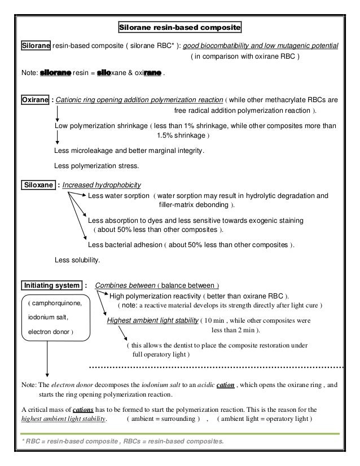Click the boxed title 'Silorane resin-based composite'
pos(179,27)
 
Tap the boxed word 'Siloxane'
pos(38,184)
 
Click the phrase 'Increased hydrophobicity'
pos(102,184)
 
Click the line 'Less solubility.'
pos(77,260)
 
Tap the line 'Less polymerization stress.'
pos(96,166)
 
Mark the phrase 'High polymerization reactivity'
pos(155,296)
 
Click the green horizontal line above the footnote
pos(179,433)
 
